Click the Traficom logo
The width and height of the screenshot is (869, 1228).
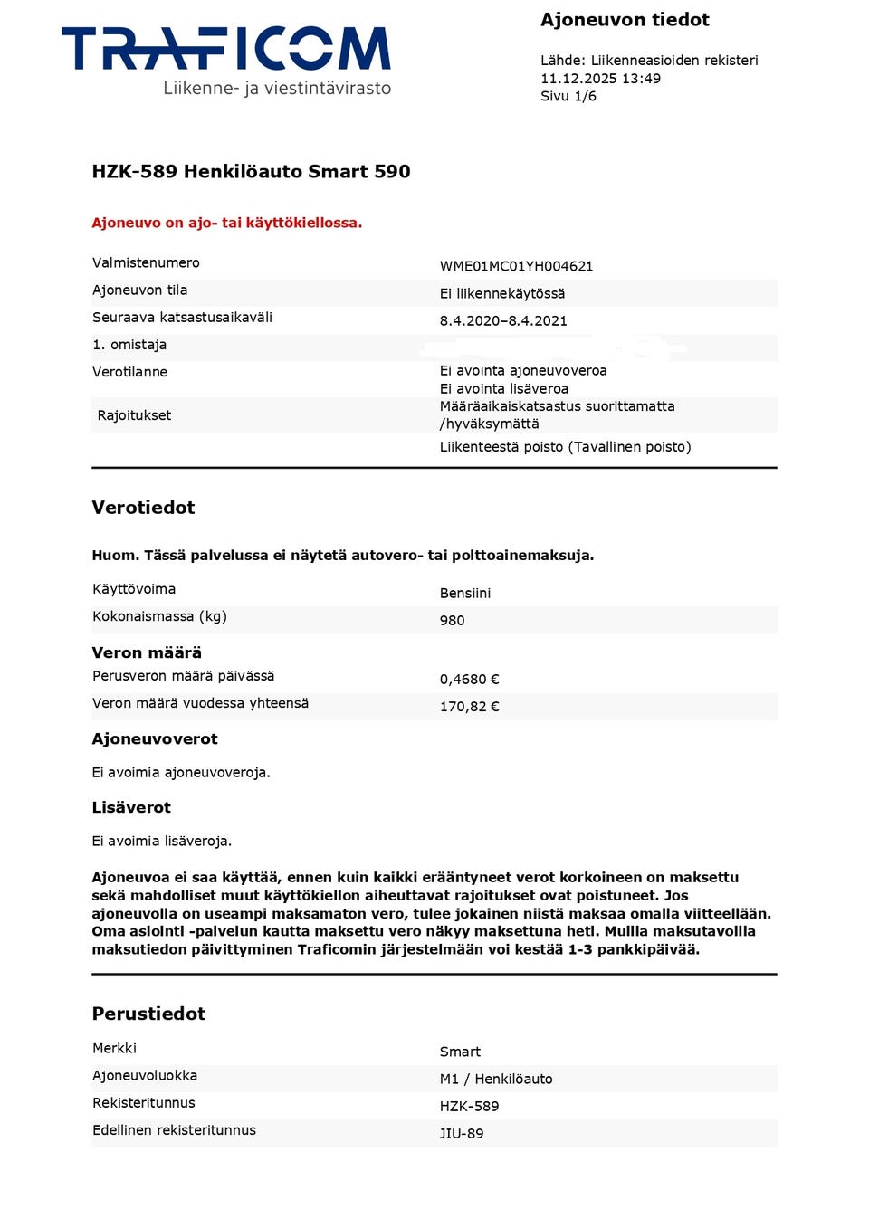coord(226,60)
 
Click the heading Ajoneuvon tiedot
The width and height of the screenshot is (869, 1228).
coord(625,20)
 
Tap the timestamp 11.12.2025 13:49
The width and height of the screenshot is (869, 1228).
coord(600,79)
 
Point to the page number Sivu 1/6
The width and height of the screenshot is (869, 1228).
coord(568,97)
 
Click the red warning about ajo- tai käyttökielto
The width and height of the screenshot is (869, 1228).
coord(226,223)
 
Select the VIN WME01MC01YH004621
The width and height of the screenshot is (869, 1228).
coord(516,266)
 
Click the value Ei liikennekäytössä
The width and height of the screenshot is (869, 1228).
coord(501,293)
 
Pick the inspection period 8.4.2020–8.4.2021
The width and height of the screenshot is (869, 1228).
coord(503,320)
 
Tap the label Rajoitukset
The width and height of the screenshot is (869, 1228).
coord(134,415)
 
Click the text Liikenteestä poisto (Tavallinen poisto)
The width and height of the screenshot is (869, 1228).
coord(565,447)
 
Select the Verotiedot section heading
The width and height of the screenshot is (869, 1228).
coord(143,508)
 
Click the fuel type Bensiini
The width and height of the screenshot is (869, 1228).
coord(464,594)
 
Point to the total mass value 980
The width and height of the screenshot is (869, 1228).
coord(452,621)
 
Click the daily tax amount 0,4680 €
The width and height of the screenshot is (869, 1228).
coord(469,680)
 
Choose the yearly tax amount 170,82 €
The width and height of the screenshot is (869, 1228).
coord(469,707)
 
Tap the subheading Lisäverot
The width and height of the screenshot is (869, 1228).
coord(131,807)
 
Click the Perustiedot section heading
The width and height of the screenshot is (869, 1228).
coord(148,1014)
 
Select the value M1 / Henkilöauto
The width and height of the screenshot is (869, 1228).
coord(495,1079)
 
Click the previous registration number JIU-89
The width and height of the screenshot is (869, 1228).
coord(461,1133)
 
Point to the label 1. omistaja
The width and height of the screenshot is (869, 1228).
coord(129,345)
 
